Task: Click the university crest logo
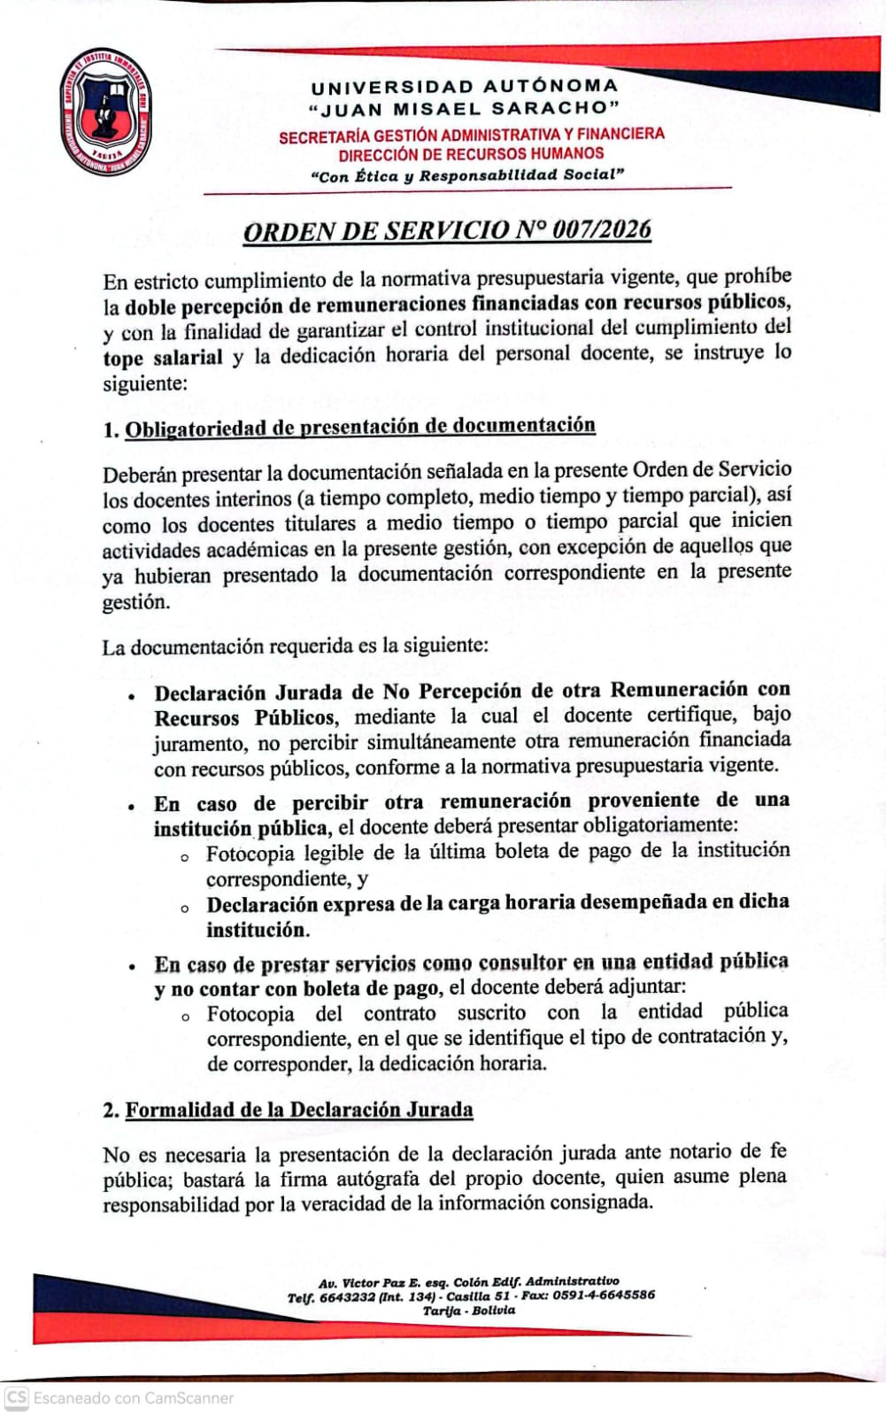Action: [x=105, y=111]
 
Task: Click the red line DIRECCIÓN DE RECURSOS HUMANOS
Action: [x=471, y=153]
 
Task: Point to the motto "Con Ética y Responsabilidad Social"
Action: [x=467, y=175]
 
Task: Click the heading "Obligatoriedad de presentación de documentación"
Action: [x=359, y=427]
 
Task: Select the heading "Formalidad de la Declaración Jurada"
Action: [x=298, y=1110]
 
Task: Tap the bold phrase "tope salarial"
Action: [x=163, y=358]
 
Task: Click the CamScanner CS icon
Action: [x=17, y=1397]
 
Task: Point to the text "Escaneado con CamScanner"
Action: [x=134, y=1398]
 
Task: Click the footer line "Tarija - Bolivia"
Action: [x=469, y=1311]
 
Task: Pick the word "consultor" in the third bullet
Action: [x=521, y=963]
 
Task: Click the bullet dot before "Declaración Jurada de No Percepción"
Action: [x=131, y=696]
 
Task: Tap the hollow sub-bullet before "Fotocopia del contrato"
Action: [x=184, y=1017]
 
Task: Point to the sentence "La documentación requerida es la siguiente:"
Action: [x=295, y=646]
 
